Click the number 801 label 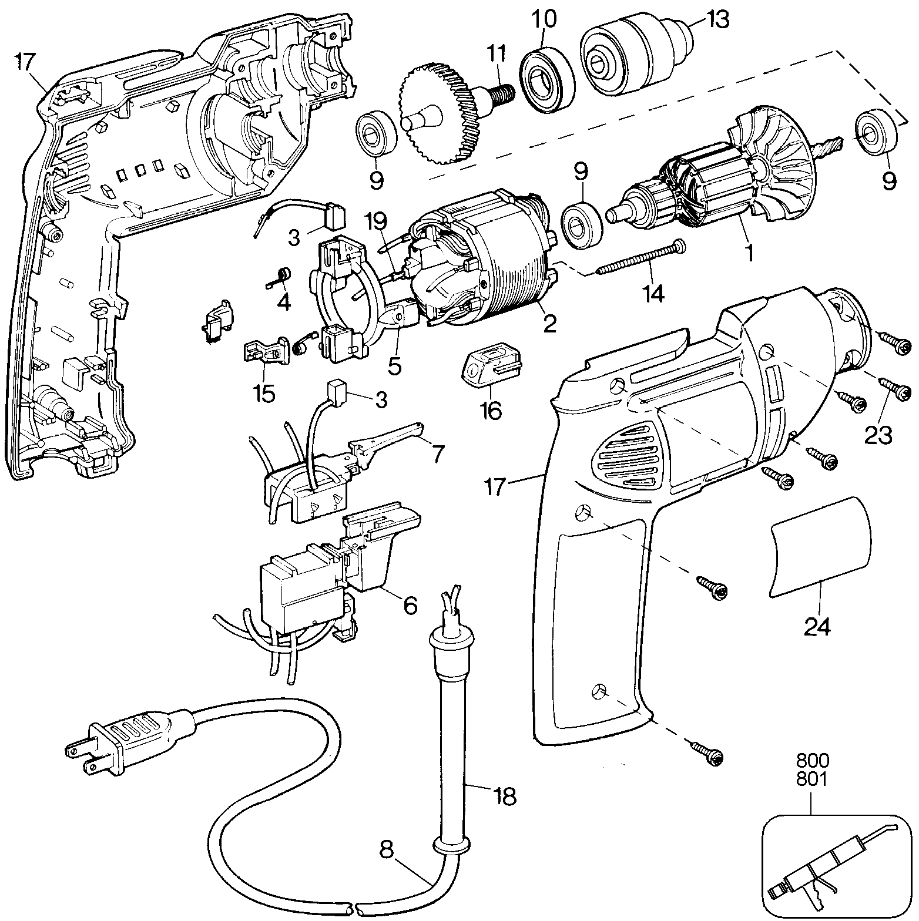(813, 779)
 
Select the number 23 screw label (878, 435)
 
